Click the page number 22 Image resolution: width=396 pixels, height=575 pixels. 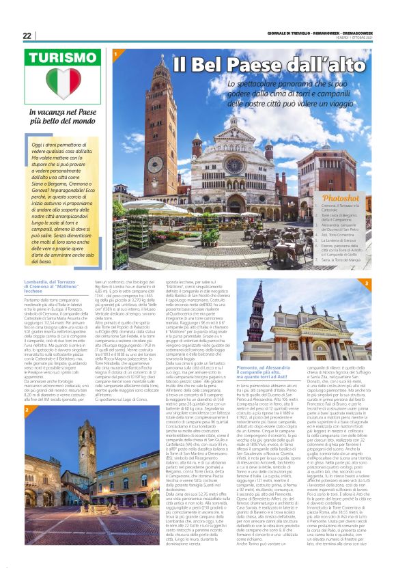click(x=27, y=36)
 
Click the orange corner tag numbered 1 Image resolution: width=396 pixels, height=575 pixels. click(x=117, y=54)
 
